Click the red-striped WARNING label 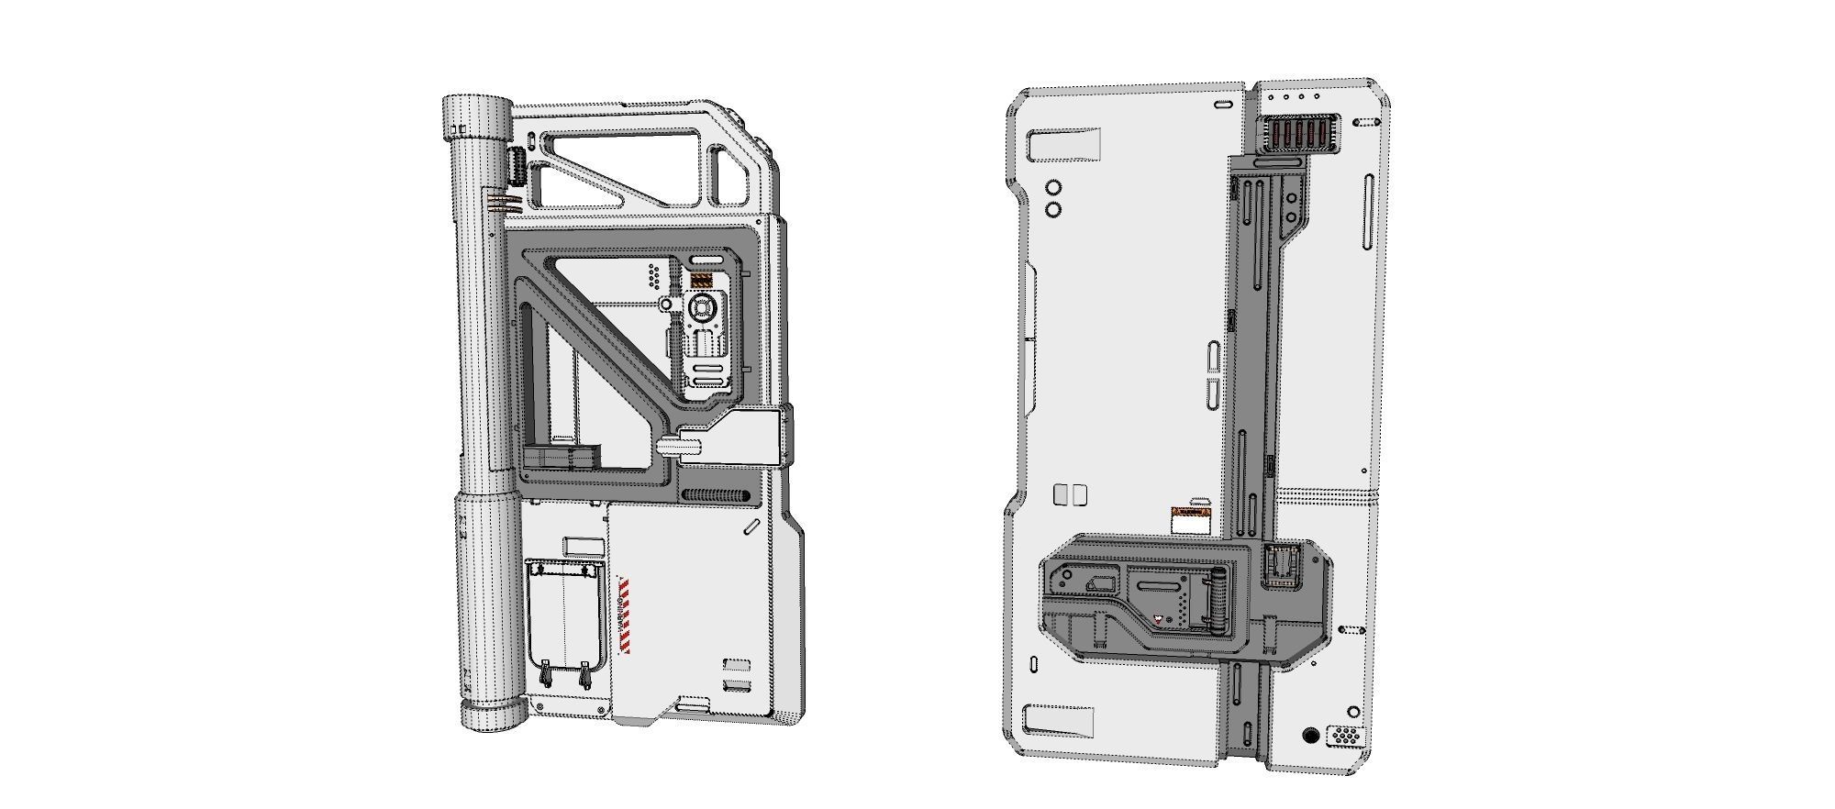pos(625,616)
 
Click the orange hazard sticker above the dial pos(701,281)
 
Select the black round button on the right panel pos(1310,736)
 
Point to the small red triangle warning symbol pos(1159,619)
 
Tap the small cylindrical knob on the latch pos(679,448)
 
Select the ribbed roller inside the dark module pos(1218,600)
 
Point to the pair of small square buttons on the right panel pos(1071,495)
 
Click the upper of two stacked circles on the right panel pos(1053,188)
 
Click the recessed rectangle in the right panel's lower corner pos(1060,722)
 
